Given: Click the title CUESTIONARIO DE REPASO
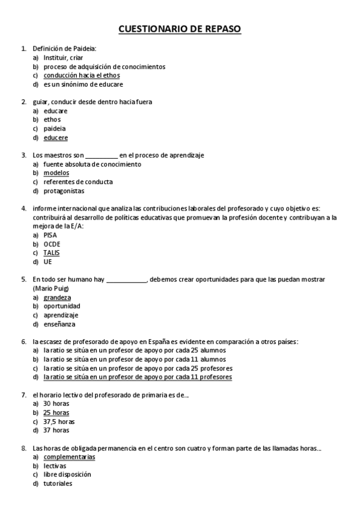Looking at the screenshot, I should pyautogui.click(x=180, y=29).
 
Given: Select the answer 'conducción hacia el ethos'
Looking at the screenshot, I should pyautogui.click(x=81, y=76).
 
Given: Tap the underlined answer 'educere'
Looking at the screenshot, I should pyautogui.click(x=55, y=138).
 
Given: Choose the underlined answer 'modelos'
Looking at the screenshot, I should pyautogui.click(x=56, y=173).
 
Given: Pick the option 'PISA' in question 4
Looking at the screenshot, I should pyautogui.click(x=50, y=235).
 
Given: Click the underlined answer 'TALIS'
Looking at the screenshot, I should pyautogui.click(x=51, y=253).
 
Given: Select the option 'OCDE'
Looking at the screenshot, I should pyautogui.click(x=52, y=244).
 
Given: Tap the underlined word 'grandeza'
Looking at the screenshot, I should pyautogui.click(x=57, y=298).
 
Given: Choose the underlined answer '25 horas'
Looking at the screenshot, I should pyautogui.click(x=56, y=413).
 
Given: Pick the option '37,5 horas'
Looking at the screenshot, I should pyautogui.click(x=59, y=422).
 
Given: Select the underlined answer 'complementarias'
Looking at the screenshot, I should pyautogui.click(x=69, y=457).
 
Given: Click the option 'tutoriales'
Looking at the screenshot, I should pyautogui.click(x=58, y=484).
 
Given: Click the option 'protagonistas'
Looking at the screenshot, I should pyautogui.click(x=64, y=191).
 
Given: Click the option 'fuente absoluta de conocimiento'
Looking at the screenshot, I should pyautogui.click(x=92, y=164).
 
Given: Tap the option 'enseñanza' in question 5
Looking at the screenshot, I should pyautogui.click(x=59, y=324).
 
